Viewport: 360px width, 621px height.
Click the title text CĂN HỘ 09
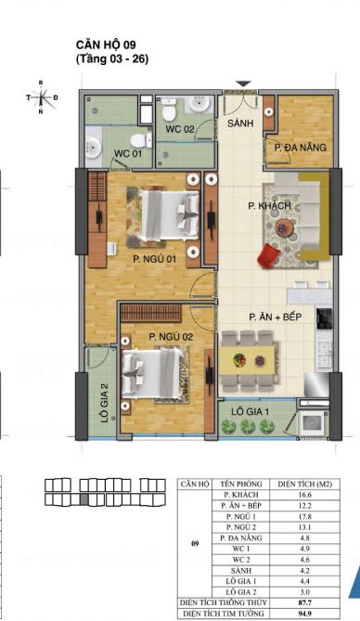pyautogui.click(x=112, y=44)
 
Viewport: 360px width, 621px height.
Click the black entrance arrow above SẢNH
pyautogui.click(x=242, y=85)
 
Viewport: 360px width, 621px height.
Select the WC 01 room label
pyautogui.click(x=127, y=152)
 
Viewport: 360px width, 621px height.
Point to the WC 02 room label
pyautogui.click(x=180, y=128)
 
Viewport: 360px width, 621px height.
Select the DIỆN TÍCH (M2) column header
pyautogui.click(x=300, y=485)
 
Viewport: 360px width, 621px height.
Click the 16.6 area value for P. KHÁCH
pyautogui.click(x=300, y=497)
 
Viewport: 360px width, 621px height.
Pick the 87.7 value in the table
pyautogui.click(x=300, y=602)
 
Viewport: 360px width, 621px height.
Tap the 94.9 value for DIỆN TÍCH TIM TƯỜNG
pyautogui.click(x=300, y=614)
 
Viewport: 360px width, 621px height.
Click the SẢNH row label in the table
pyautogui.click(x=239, y=570)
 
